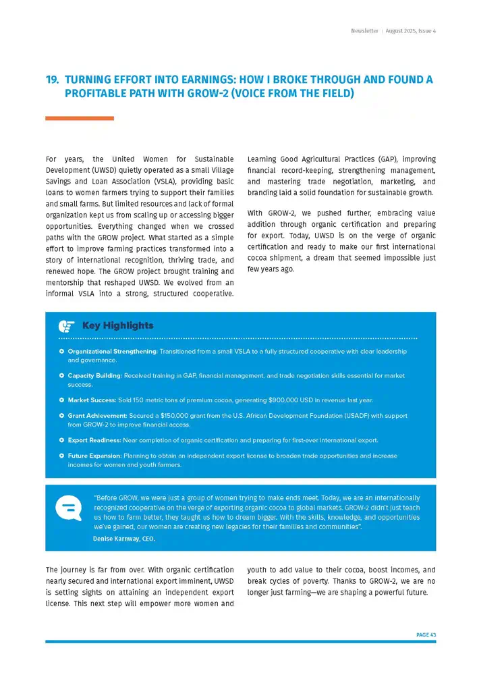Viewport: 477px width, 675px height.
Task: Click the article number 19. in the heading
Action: [52, 80]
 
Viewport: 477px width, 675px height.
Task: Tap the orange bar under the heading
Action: [79, 118]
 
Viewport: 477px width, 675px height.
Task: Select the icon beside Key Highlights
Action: [66, 326]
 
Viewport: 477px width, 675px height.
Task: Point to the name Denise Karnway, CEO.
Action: [123, 538]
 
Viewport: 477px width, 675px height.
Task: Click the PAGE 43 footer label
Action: [426, 634]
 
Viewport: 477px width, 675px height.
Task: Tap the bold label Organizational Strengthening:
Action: [113, 352]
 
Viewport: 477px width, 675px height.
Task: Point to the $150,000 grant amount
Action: [179, 416]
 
